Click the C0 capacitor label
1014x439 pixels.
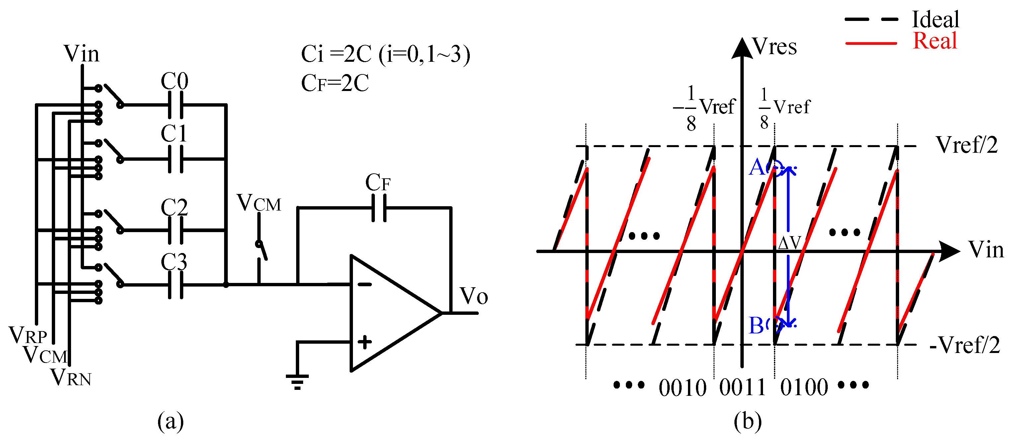(x=174, y=81)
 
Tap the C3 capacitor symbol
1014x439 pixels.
(x=176, y=285)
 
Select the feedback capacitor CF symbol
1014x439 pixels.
(x=379, y=208)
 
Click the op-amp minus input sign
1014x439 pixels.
(x=365, y=284)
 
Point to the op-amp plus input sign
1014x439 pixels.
(x=365, y=342)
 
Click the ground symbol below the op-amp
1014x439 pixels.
(x=297, y=381)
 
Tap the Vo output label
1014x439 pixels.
(x=474, y=296)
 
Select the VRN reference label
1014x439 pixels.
(x=71, y=378)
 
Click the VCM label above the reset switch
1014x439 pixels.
(x=259, y=203)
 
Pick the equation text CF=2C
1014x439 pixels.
(x=335, y=83)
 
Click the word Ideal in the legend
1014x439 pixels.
(x=936, y=19)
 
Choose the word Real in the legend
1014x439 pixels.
(x=935, y=41)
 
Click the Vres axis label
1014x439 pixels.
(x=774, y=47)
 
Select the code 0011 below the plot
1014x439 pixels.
(x=742, y=388)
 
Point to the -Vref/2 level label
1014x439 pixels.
(x=965, y=345)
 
